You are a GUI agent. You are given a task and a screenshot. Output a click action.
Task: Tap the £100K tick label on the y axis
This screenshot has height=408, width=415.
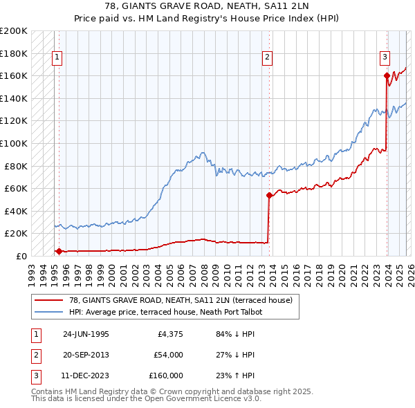point(14,143)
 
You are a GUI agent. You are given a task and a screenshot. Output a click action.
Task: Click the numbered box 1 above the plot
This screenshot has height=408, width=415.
point(57,58)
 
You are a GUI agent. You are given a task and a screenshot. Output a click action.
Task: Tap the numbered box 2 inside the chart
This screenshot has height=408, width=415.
point(267,58)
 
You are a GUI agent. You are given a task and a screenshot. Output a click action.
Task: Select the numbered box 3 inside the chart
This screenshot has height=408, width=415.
point(385,58)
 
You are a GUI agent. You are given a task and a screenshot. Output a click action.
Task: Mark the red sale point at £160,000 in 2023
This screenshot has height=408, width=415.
point(386,76)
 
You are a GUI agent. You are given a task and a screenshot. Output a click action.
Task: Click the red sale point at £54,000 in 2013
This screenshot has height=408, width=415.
point(268,195)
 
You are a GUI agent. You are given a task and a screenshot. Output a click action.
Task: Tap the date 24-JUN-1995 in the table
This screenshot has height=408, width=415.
point(86,335)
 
